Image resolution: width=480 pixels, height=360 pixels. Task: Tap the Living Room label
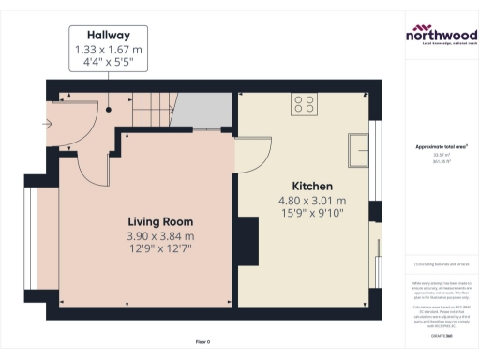pos(160,221)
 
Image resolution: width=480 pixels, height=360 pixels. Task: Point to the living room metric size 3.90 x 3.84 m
pos(160,236)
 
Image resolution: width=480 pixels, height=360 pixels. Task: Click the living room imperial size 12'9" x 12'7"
pos(160,250)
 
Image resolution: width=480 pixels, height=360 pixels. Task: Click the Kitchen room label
pos(312,186)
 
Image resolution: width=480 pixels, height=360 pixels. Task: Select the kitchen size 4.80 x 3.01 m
pos(312,201)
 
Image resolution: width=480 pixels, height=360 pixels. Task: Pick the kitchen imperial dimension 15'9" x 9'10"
pos(312,215)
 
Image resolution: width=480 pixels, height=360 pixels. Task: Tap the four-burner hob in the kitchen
pos(305,103)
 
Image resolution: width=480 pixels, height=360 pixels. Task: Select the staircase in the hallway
pos(150,111)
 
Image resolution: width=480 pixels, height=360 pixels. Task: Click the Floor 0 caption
pos(202,341)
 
